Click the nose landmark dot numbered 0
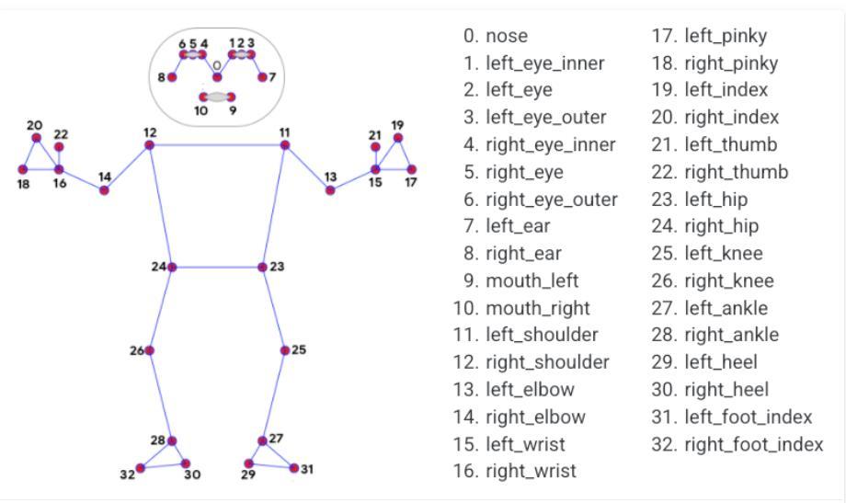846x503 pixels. point(217,77)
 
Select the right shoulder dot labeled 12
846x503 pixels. point(150,145)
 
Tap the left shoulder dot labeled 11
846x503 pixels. point(285,144)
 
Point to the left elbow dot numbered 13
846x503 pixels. point(330,190)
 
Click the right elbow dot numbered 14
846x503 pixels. point(104,190)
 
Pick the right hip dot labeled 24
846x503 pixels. point(172,268)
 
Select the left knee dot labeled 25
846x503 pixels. point(285,350)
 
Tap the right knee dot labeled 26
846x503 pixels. point(150,350)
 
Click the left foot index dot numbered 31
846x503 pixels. point(294,468)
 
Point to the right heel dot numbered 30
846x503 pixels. point(186,463)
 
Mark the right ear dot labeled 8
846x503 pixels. point(172,77)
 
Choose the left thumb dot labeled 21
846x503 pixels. point(375,147)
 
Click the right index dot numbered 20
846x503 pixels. point(37,138)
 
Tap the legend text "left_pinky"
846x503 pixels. point(726,36)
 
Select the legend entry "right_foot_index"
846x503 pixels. point(754,445)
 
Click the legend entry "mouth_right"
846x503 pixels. point(538,308)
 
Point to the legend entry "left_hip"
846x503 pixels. point(716,200)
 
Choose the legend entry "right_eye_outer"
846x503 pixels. point(552,200)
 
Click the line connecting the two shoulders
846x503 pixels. point(217,144)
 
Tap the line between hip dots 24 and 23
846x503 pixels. point(217,268)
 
